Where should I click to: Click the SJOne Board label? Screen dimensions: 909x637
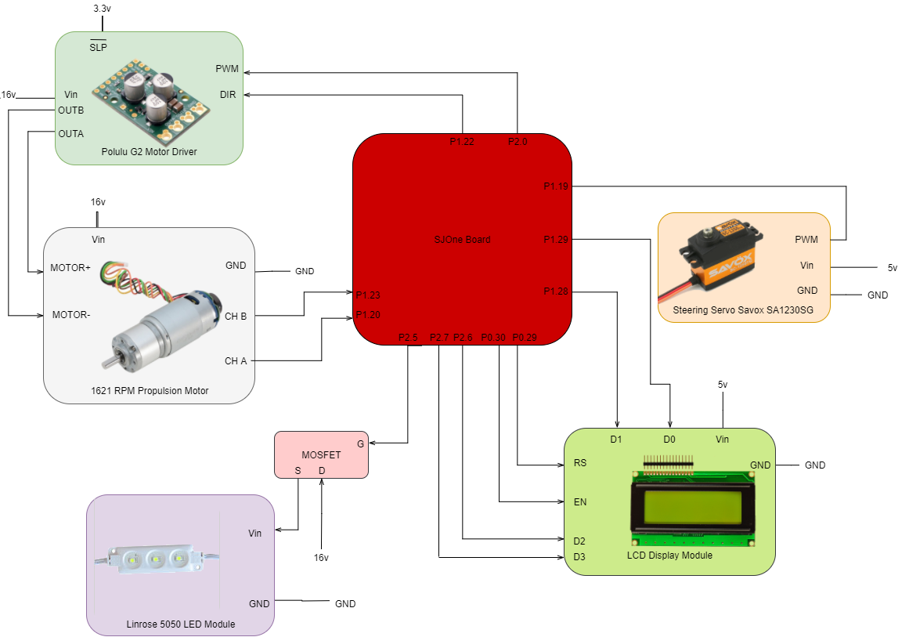click(x=462, y=240)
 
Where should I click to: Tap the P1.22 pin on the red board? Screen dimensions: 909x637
click(x=461, y=142)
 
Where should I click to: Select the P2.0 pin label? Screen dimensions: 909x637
click(x=517, y=142)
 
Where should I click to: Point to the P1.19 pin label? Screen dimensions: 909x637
click(x=555, y=186)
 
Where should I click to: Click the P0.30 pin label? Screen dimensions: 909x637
click(x=492, y=338)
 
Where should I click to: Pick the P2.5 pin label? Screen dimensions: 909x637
click(x=408, y=338)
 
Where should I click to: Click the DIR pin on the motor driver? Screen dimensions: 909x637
click(x=228, y=95)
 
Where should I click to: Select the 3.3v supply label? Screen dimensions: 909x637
click(x=102, y=9)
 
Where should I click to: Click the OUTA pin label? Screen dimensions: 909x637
click(x=70, y=134)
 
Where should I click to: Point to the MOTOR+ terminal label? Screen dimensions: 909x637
click(x=70, y=268)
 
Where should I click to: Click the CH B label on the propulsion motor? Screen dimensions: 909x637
click(x=236, y=317)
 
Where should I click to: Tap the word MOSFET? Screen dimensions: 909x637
click(x=321, y=455)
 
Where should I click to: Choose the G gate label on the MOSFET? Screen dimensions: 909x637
click(x=361, y=443)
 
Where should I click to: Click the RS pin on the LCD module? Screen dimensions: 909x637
click(x=579, y=463)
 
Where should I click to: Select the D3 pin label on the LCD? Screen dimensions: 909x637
click(x=579, y=557)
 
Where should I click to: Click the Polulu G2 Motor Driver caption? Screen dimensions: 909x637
click(x=149, y=152)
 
